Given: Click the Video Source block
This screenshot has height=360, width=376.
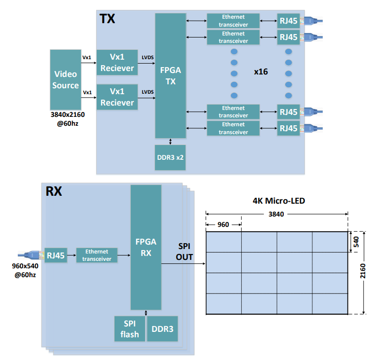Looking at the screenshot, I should (x=66, y=79).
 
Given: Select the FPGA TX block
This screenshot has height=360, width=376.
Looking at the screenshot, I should (x=171, y=75).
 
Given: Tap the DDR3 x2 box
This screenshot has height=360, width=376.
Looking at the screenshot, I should (x=171, y=158).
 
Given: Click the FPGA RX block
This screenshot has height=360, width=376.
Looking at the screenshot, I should (x=146, y=247).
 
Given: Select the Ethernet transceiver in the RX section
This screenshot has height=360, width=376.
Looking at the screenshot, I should (x=97, y=255).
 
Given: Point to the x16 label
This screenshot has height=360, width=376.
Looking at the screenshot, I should (x=261, y=72).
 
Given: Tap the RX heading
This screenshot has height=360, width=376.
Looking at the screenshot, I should (x=54, y=191).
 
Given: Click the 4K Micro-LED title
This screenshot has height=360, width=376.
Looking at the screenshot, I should (x=278, y=201).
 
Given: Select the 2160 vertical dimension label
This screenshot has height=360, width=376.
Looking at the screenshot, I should (x=363, y=272).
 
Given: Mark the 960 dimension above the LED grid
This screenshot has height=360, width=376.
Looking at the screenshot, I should (x=224, y=224).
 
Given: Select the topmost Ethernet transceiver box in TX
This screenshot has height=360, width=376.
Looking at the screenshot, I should (x=233, y=21).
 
